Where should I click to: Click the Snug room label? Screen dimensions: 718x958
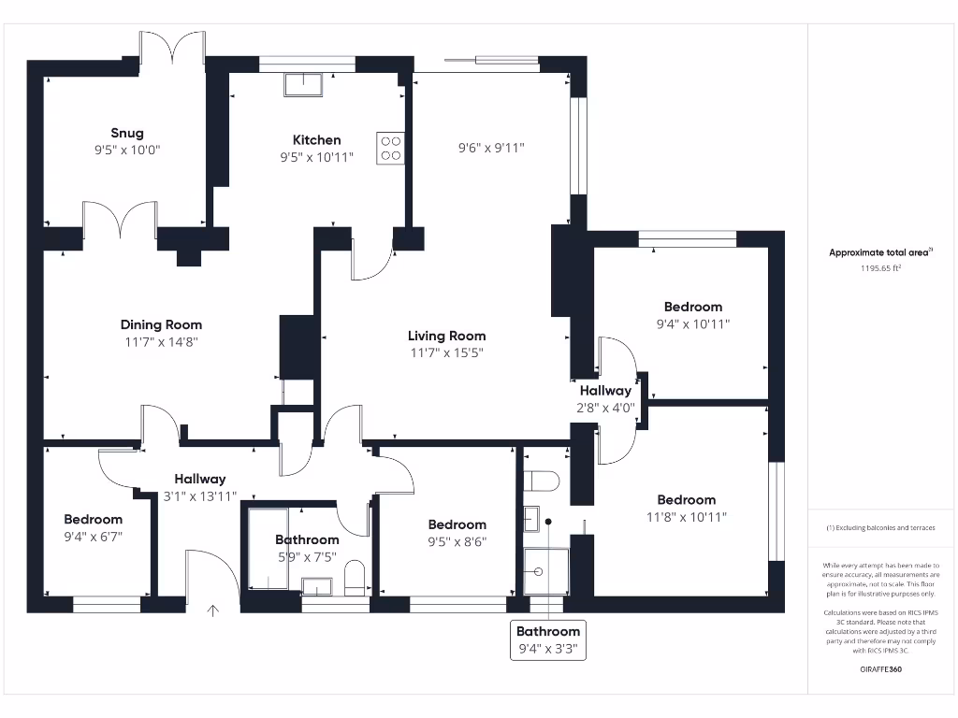(x=127, y=133)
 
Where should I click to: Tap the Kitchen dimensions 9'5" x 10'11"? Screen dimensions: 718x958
(x=316, y=157)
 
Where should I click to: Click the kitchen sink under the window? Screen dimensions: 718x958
(x=303, y=85)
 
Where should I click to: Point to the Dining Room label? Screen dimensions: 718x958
(x=161, y=325)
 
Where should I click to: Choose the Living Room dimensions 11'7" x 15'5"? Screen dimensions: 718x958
(x=446, y=352)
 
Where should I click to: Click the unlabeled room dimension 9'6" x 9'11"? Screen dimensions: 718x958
(x=491, y=148)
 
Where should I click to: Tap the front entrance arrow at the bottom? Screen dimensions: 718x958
(x=213, y=611)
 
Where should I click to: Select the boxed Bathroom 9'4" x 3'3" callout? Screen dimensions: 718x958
(x=549, y=640)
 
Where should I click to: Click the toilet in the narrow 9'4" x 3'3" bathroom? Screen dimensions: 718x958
(x=541, y=481)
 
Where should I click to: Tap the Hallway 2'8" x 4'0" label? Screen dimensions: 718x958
(x=605, y=391)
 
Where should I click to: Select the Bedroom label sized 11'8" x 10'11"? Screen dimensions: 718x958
(x=686, y=500)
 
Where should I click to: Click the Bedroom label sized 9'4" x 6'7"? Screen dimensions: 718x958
(x=93, y=520)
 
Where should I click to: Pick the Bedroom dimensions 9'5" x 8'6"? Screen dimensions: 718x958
(x=457, y=541)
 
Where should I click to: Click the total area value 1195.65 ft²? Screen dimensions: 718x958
(x=880, y=268)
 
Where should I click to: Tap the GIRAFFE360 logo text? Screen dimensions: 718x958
(x=880, y=669)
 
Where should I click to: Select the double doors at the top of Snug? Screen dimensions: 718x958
(x=172, y=49)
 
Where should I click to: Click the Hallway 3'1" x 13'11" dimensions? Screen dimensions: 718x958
(x=199, y=496)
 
